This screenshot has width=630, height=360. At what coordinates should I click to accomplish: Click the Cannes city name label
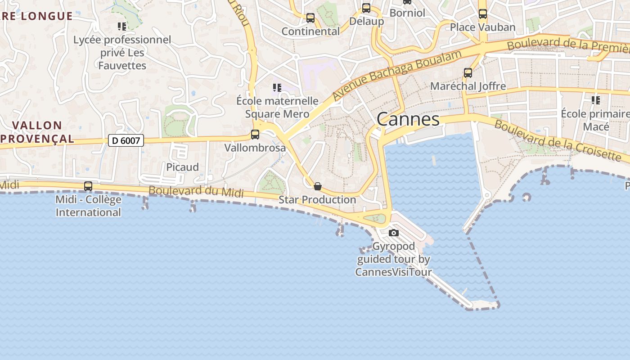coord(408,119)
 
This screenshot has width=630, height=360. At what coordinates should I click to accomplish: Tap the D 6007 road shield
coord(126,141)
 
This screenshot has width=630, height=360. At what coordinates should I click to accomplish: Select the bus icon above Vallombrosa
coord(255,134)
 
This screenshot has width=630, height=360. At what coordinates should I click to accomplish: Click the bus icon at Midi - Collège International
coord(88,186)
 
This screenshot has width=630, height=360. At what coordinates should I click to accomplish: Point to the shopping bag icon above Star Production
coord(318,186)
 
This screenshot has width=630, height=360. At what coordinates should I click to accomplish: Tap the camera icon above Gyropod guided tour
coord(394,233)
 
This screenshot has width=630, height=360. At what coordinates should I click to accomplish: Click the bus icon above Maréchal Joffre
coord(468,72)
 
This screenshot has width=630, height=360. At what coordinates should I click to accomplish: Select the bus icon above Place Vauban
coord(483,13)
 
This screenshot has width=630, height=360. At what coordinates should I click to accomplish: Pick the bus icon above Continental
coord(310,18)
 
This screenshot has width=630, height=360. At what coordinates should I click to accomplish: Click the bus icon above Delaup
coord(366,8)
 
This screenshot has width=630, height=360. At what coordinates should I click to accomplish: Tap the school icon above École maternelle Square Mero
coord(277,87)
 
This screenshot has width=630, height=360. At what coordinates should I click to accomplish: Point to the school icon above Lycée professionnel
coord(122,27)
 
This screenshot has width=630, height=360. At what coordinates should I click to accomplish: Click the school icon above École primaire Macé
coord(596,100)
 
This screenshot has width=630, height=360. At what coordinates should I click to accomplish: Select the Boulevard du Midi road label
coord(196,192)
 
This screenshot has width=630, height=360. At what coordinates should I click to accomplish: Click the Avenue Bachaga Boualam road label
coord(397,75)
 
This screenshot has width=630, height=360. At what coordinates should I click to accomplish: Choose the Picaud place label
coord(182,167)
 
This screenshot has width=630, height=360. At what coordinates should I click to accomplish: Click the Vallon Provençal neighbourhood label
coord(37,132)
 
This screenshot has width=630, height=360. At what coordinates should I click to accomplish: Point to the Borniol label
coord(407,13)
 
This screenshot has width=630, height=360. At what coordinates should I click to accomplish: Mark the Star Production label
coord(317,199)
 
